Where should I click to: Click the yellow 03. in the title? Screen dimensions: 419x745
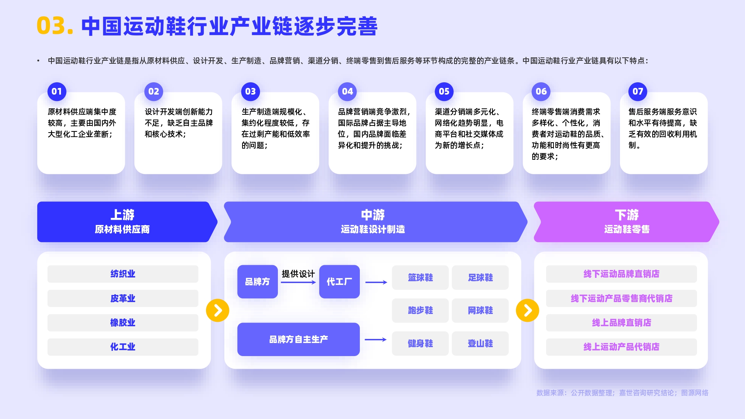54,26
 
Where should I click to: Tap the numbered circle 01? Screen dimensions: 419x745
57,92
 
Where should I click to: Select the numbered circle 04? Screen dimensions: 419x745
347,92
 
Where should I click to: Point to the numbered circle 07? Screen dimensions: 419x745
638,92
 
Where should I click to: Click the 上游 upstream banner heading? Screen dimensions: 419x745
122,215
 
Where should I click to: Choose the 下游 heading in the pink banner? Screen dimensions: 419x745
627,215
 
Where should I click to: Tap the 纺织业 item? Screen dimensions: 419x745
123,274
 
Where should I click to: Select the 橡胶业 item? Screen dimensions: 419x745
123,323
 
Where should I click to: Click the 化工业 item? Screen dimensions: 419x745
123,347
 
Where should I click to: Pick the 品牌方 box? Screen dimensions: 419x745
257,282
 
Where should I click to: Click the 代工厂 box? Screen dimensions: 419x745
339,282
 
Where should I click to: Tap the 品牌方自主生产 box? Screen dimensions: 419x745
298,339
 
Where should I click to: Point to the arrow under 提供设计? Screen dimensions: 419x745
298,282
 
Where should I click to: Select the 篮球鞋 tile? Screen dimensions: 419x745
420,277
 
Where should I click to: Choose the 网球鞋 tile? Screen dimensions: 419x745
480,310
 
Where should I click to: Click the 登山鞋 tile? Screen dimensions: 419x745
480,343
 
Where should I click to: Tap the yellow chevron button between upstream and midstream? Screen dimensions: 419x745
218,310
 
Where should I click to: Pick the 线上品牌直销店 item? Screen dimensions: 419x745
621,323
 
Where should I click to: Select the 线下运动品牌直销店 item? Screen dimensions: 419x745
621,274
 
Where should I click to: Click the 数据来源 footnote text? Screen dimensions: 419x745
622,393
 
